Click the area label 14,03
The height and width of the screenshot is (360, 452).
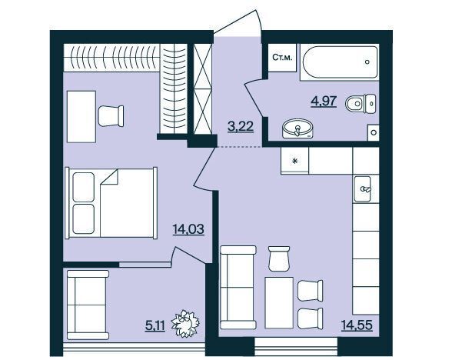coord(188,229)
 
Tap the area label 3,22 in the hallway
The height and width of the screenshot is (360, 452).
coord(241,126)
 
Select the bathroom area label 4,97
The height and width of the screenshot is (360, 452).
coord(324,102)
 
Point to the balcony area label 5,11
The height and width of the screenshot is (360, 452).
coord(155,326)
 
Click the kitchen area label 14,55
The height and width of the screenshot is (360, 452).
coord(357,325)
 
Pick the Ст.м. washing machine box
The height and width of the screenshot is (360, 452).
coord(282,58)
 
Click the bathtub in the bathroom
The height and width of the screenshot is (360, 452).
coord(339,62)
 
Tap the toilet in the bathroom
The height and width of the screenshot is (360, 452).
coord(361,103)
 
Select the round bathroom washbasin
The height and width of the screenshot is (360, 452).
coord(297,128)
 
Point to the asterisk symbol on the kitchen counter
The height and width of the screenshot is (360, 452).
coord(294,161)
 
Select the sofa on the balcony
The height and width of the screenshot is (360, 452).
coord(88,305)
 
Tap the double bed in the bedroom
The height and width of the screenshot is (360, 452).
coord(111,203)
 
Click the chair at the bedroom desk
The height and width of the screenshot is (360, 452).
coord(111,116)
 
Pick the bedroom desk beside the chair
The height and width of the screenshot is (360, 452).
coord(81,117)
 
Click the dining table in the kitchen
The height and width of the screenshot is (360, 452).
coord(279,302)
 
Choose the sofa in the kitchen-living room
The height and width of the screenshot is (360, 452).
coord(238,288)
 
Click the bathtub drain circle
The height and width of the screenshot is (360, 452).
coord(367,62)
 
